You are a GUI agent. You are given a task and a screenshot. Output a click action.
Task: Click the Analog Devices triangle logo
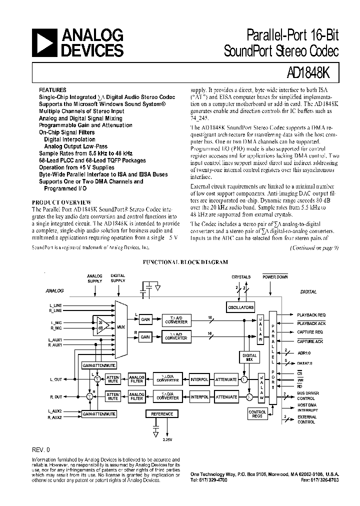click(x=45, y=43)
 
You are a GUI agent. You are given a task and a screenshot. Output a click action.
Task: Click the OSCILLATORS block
click(x=241, y=307)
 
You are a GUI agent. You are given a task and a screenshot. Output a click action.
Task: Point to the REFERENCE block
click(x=162, y=414)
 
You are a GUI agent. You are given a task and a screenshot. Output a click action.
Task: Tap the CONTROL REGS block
click(x=257, y=414)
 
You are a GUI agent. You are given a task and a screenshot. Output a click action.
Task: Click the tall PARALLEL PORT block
click(x=272, y=357)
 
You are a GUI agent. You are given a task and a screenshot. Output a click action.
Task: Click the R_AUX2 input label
click(x=55, y=417)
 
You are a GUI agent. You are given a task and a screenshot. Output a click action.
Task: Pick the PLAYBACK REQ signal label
click(x=311, y=315)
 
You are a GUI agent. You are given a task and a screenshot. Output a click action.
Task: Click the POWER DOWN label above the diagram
click(x=275, y=276)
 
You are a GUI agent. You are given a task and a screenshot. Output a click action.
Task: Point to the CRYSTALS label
click(x=241, y=276)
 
